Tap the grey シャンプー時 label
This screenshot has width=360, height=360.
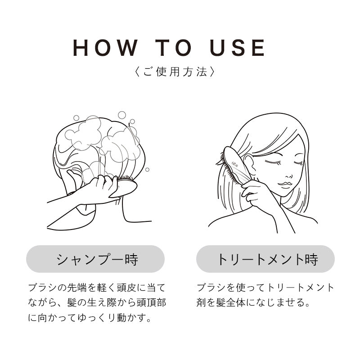pyautogui.click(x=95, y=259)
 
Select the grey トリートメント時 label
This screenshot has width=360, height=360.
pyautogui.click(x=265, y=259)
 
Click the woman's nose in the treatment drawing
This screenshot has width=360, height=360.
pyautogui.click(x=288, y=173)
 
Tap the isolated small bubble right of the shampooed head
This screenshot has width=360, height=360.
pyautogui.click(x=147, y=170)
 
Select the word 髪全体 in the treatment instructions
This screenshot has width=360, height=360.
pyautogui.click(x=238, y=302)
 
